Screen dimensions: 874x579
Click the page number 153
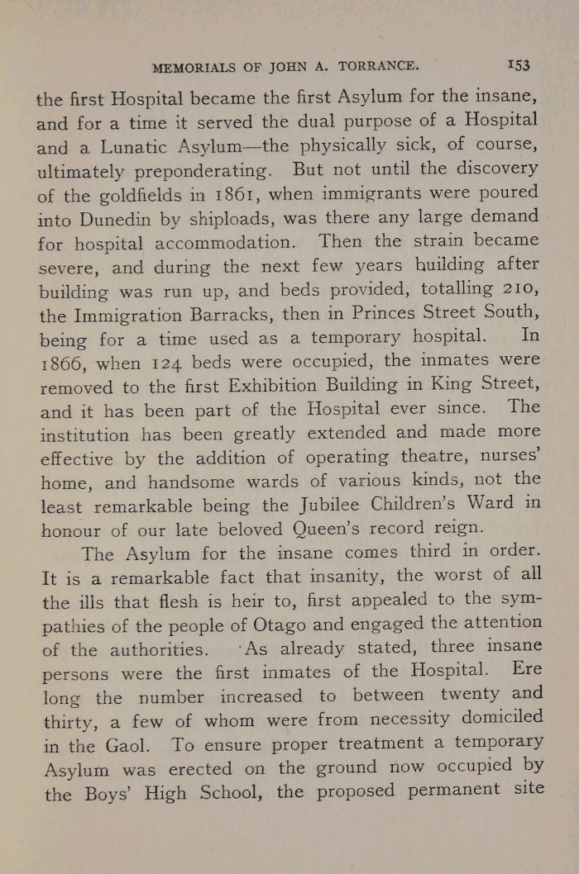pos(519,65)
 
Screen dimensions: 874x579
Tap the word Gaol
pos(134,744)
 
